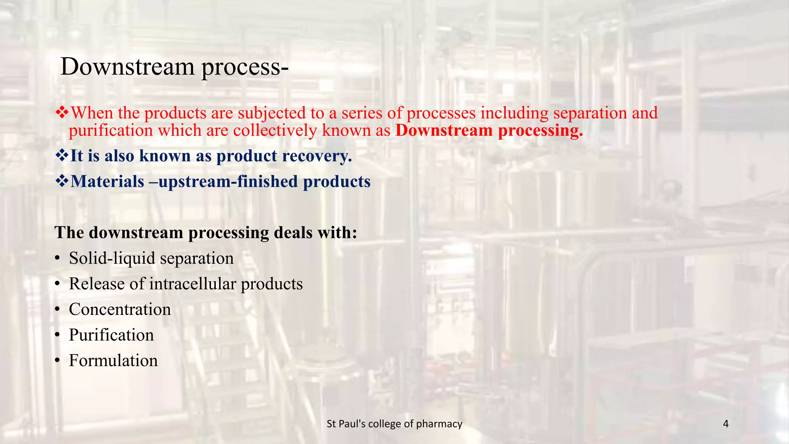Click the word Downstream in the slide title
pos(128,66)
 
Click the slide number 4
pos(726,424)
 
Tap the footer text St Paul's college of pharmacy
pos(394,424)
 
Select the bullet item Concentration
pos(120,309)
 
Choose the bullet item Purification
pos(111,335)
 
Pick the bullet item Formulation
pos(113,361)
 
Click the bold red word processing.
pos(540,131)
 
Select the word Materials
pos(107,182)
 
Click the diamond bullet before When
pos(62,113)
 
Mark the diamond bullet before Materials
pos(62,181)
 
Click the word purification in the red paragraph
pos(111,131)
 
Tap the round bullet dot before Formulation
pos(57,361)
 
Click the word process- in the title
pos(245,67)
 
